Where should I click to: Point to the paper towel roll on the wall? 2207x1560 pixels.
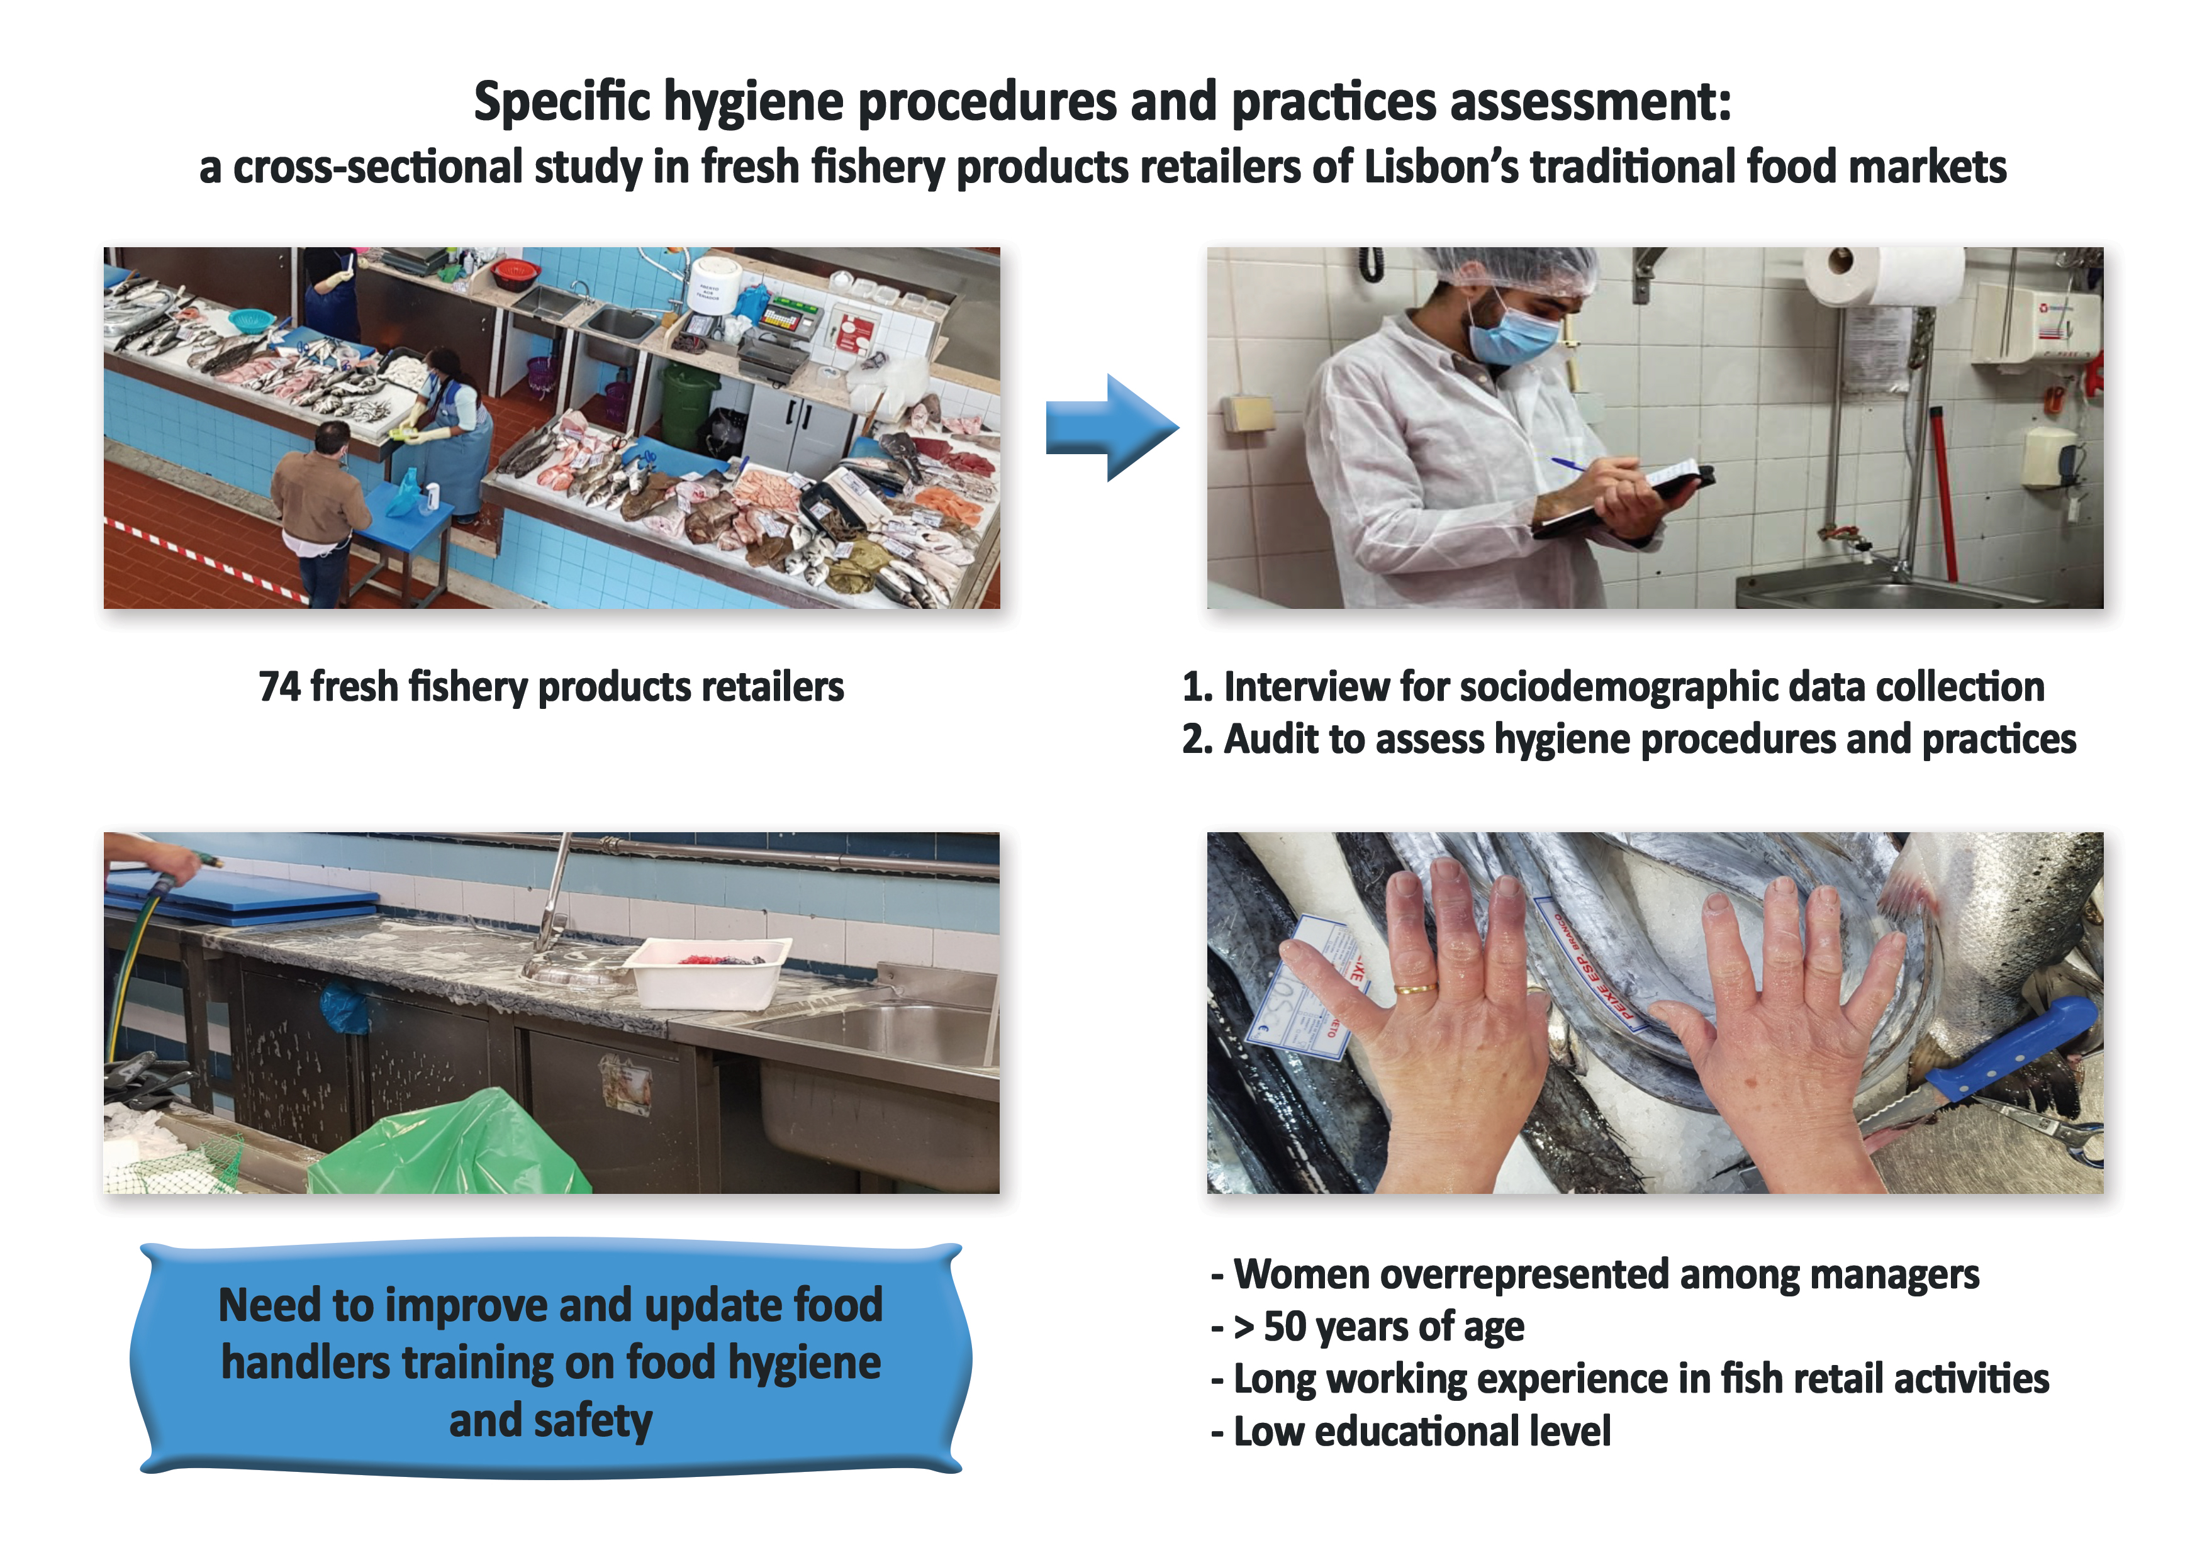pos(1884,276)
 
